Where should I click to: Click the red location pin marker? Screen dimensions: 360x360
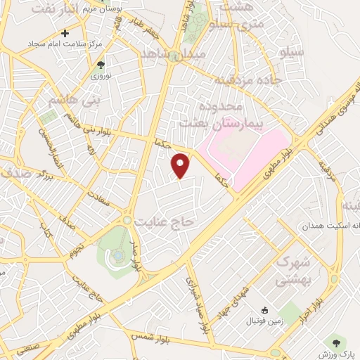point(181,165)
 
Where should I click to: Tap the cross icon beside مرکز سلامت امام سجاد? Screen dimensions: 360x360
point(65,32)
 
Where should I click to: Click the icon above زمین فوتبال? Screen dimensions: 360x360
point(264,310)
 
